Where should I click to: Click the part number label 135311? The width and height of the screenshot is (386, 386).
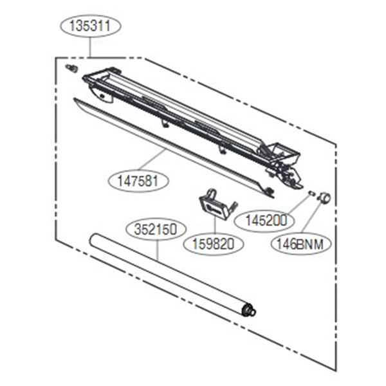(x=90, y=26)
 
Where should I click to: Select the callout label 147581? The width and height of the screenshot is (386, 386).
(x=138, y=181)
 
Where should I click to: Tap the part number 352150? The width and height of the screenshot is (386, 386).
(x=156, y=229)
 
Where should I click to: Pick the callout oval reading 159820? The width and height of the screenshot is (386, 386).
(x=214, y=244)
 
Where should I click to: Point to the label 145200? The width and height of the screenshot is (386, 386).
(x=264, y=221)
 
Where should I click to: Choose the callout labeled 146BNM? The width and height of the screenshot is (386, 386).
(x=301, y=244)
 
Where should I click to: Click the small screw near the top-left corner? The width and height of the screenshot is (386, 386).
(x=71, y=68)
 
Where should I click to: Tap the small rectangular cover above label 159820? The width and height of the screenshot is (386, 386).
(x=217, y=207)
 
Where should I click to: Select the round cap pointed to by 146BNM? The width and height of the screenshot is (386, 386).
(x=325, y=198)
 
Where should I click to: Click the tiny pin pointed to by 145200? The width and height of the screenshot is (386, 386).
(x=311, y=193)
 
